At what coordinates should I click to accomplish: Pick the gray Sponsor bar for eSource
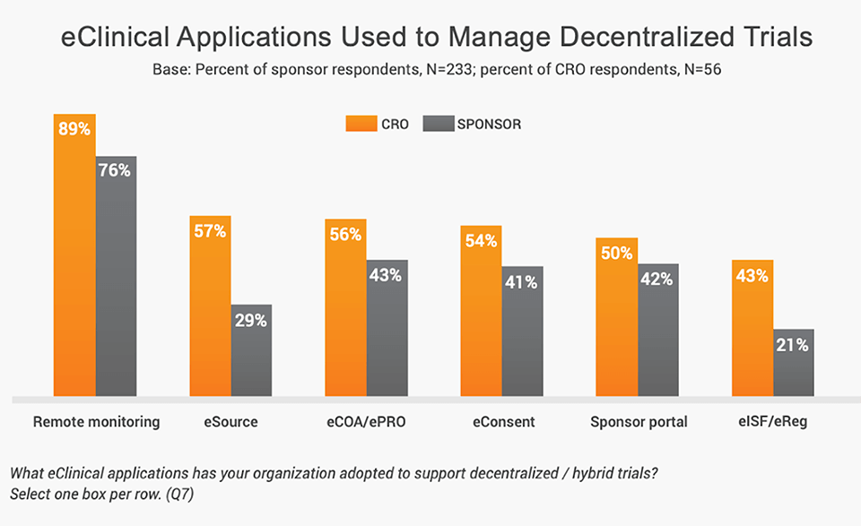(x=251, y=354)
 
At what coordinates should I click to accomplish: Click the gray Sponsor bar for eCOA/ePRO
(x=387, y=332)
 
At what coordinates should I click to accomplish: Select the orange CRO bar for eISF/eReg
(x=752, y=332)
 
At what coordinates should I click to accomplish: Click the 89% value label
(x=74, y=129)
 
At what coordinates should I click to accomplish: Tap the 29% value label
(x=251, y=320)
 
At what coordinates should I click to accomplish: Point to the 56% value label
(x=345, y=234)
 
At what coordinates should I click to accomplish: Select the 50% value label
(x=617, y=254)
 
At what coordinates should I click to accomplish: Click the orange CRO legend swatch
(x=360, y=125)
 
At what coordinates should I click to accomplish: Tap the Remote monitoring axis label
(x=96, y=422)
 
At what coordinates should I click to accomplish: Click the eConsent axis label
(x=502, y=422)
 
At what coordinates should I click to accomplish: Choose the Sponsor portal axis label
(x=639, y=422)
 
